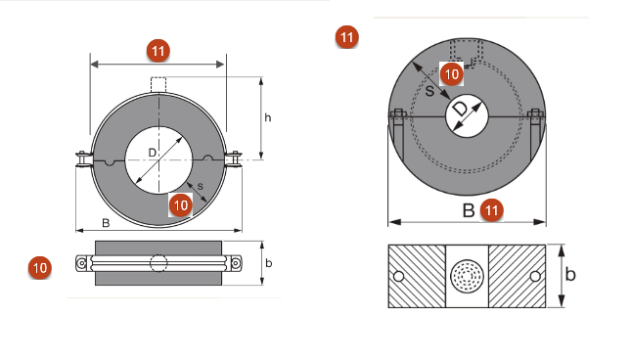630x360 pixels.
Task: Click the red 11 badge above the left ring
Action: click(x=158, y=51)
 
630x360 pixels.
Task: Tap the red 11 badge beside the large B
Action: click(x=492, y=210)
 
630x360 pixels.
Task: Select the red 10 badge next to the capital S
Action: click(x=452, y=74)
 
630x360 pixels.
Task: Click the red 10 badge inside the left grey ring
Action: click(x=180, y=205)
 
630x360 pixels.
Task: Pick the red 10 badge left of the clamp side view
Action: click(x=40, y=268)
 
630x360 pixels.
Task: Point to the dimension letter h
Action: click(x=268, y=117)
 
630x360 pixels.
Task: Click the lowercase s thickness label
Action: click(x=201, y=187)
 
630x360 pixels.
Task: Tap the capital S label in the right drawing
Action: click(x=429, y=91)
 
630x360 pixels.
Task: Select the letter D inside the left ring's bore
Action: click(x=153, y=153)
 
